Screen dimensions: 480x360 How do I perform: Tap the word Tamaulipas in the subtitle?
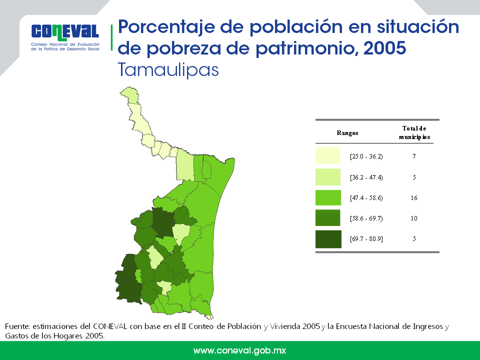tap(168, 70)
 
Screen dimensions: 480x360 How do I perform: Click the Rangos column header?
tap(347, 133)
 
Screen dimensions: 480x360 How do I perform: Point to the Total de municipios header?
tap(414, 132)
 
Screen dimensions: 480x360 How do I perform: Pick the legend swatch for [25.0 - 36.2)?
tap(328, 155)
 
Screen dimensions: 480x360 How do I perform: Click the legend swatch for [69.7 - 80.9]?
tap(328, 239)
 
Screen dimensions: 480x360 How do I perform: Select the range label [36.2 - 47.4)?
tap(366, 177)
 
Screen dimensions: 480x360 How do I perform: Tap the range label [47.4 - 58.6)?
tap(366, 198)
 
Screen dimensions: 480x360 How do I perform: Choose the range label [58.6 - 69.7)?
tap(366, 218)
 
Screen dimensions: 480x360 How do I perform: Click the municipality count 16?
tap(414, 198)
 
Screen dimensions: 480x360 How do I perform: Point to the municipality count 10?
tap(414, 218)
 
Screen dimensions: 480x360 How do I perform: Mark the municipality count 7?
tap(414, 156)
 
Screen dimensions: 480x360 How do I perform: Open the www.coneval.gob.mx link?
tap(239, 350)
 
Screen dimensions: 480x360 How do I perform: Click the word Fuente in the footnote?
tap(17, 326)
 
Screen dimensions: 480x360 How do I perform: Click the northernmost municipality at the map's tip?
tap(130, 94)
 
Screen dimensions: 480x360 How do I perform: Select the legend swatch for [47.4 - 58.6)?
tap(328, 198)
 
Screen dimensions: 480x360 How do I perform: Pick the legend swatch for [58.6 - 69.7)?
tap(328, 217)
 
